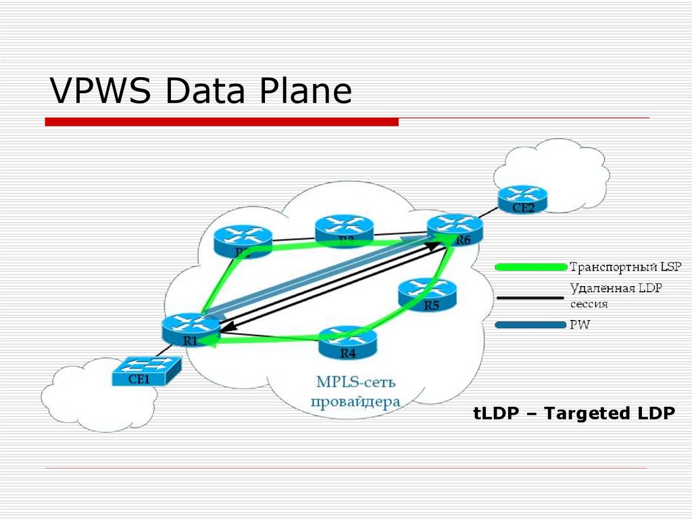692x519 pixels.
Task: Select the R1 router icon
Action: [191, 328]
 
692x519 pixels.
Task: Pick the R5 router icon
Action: [428, 292]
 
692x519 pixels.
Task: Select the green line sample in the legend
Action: [530, 267]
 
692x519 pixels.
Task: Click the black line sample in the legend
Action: [530, 296]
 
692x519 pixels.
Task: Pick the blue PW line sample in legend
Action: [530, 325]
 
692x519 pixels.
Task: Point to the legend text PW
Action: [580, 325]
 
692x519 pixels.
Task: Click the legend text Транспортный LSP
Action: [615, 266]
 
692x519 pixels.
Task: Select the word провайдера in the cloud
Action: [355, 401]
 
